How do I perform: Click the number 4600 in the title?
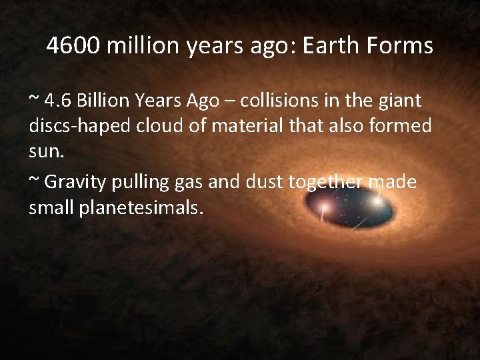(x=73, y=46)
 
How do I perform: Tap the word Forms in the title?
(x=402, y=46)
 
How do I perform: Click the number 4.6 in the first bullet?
(x=57, y=101)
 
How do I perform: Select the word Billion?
(x=103, y=101)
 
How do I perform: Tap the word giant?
(x=400, y=101)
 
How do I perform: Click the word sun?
(x=46, y=151)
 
